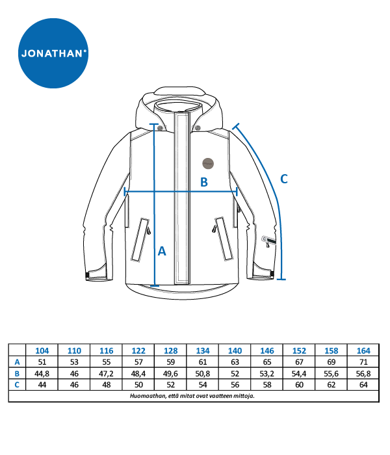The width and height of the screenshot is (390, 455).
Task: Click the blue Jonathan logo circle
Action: point(53,53)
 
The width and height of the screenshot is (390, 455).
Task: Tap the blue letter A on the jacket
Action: point(162,251)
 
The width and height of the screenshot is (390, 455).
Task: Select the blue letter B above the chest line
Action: point(204,182)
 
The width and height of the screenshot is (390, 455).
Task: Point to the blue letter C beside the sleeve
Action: point(284,179)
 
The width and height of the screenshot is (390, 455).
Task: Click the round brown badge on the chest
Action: point(208,164)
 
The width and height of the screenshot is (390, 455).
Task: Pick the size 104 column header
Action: point(42,351)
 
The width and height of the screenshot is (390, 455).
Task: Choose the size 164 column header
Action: point(363,351)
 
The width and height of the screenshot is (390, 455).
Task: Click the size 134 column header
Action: point(203,351)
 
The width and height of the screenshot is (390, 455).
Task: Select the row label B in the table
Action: point(17,374)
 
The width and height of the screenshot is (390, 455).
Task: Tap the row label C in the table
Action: point(17,385)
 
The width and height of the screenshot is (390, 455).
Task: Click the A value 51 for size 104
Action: point(42,362)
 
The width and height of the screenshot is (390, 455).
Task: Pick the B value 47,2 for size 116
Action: point(106,374)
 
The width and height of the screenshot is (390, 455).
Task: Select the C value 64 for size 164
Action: point(363,385)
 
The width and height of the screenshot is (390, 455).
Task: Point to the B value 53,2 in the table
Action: point(267,374)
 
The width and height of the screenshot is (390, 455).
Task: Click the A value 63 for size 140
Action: point(235,362)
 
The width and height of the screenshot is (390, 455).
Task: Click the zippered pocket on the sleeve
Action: point(269,240)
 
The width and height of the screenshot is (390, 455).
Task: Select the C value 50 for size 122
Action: point(138,385)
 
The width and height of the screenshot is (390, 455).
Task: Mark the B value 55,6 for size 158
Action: point(331,374)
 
